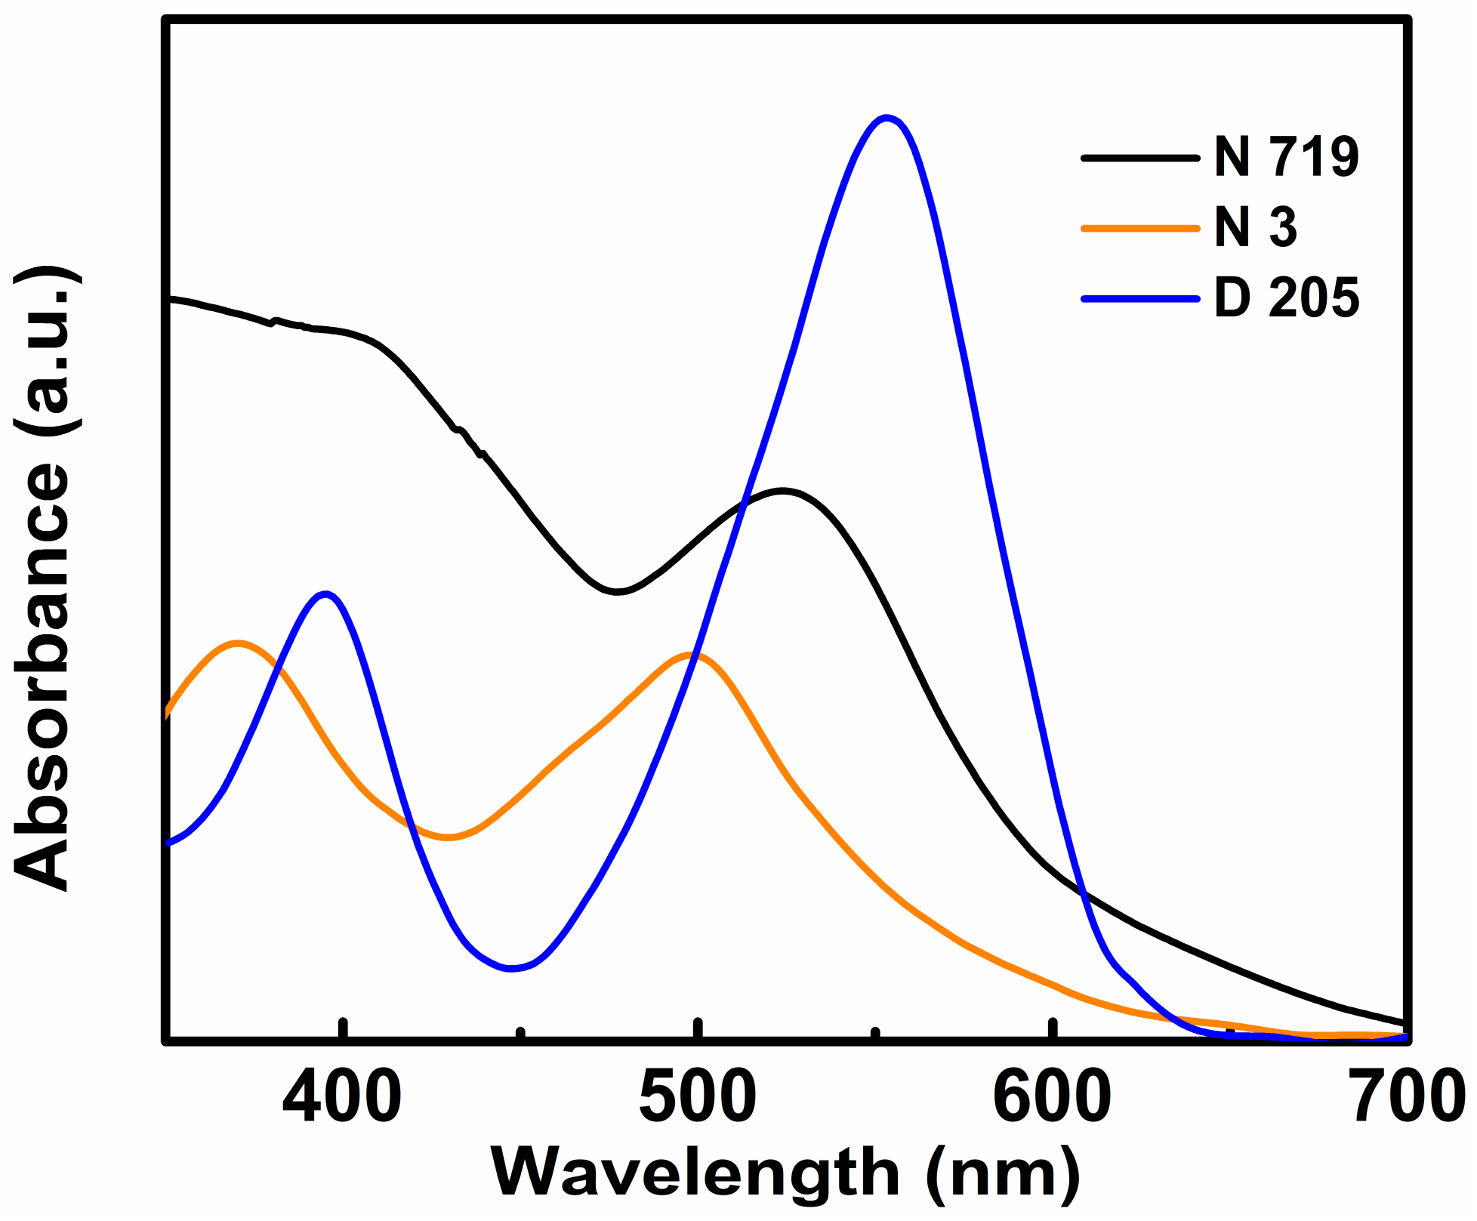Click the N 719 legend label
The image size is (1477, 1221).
[x=1286, y=158]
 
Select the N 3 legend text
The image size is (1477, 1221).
[x=1255, y=227]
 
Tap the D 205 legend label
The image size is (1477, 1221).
[x=1286, y=298]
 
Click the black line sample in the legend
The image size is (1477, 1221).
[x=1140, y=158]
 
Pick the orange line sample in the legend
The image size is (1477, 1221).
[x=1140, y=227]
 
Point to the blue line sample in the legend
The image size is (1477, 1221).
[x=1140, y=298]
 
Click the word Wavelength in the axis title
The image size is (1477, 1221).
[x=695, y=1173]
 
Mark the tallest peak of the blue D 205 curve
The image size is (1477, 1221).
[x=887, y=118]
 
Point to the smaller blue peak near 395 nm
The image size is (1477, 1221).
[x=325, y=594]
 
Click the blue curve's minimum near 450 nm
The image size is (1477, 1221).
[x=512, y=968]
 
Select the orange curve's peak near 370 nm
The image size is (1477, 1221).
[x=239, y=643]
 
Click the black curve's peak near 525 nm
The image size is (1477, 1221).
[x=783, y=491]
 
